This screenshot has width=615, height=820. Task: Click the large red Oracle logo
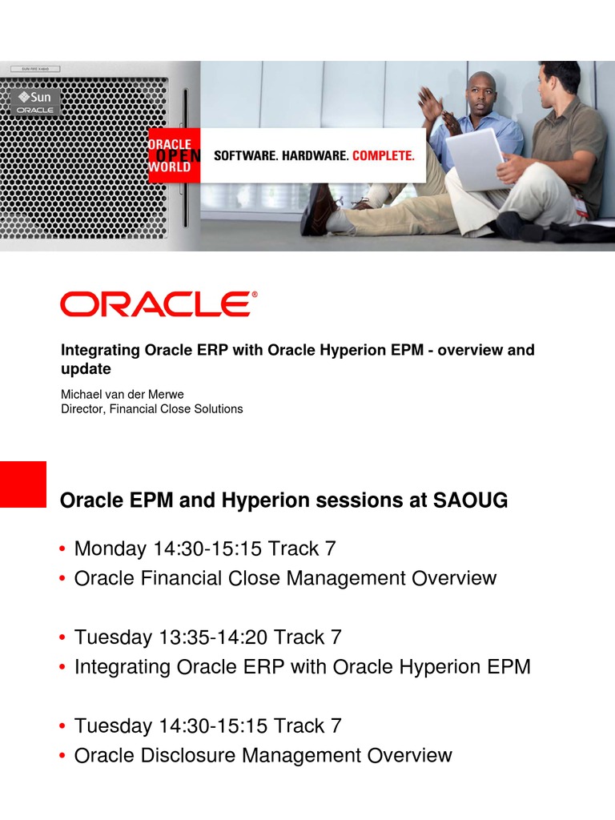coord(159,303)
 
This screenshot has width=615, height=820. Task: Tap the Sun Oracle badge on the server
coord(35,102)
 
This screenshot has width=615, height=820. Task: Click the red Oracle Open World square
coord(174,155)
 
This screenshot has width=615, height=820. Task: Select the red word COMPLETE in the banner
coord(384,155)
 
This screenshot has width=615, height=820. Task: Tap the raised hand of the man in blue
coord(430,102)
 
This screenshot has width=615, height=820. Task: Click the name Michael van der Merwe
coord(123,394)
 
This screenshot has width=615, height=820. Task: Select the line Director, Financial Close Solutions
coord(151,409)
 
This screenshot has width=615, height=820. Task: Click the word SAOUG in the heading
coord(470,500)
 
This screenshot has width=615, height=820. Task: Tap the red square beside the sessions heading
coord(23,484)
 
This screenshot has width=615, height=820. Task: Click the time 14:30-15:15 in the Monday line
coord(207,549)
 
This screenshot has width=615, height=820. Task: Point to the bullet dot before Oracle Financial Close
coord(62,578)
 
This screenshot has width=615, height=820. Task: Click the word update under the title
coord(86,368)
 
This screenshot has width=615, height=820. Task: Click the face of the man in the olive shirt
coord(549,85)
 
